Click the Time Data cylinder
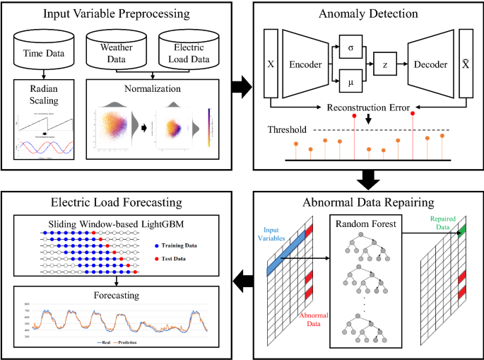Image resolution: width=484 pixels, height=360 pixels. [x=44, y=49]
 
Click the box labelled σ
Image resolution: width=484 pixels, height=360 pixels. [x=352, y=46]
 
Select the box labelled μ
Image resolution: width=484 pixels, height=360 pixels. [x=352, y=83]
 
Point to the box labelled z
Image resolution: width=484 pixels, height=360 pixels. [x=386, y=64]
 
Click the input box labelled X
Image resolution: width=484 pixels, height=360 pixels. [x=271, y=64]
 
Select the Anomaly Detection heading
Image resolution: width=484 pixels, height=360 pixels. [x=368, y=13]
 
